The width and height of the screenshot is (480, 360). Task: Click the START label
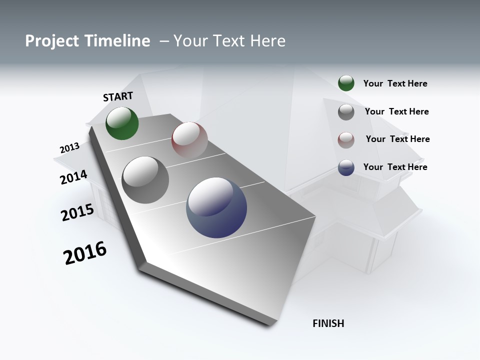click(x=118, y=96)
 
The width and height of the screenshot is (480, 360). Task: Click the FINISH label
click(x=328, y=323)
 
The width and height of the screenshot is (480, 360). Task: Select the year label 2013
click(x=69, y=148)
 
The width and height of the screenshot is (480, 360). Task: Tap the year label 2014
click(x=73, y=177)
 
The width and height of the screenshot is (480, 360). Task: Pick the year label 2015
click(x=77, y=212)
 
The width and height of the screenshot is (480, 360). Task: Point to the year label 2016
click(x=85, y=253)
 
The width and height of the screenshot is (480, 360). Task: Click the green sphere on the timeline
click(x=122, y=123)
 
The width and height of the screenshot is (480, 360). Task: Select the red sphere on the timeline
click(x=189, y=139)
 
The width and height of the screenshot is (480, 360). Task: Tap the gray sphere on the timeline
click(x=145, y=179)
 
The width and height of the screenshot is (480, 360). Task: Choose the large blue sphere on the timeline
click(x=216, y=207)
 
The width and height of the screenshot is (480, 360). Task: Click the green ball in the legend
click(x=346, y=83)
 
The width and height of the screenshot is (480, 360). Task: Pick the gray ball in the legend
click(x=346, y=112)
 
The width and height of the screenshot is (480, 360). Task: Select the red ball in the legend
click(x=346, y=140)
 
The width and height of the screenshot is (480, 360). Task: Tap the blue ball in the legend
click(x=346, y=167)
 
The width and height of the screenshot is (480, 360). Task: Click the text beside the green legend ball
click(x=395, y=83)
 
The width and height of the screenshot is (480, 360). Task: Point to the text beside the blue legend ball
click(x=395, y=166)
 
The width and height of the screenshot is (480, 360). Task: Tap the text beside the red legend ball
click(x=397, y=138)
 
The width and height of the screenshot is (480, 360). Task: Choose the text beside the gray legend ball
click(x=396, y=111)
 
